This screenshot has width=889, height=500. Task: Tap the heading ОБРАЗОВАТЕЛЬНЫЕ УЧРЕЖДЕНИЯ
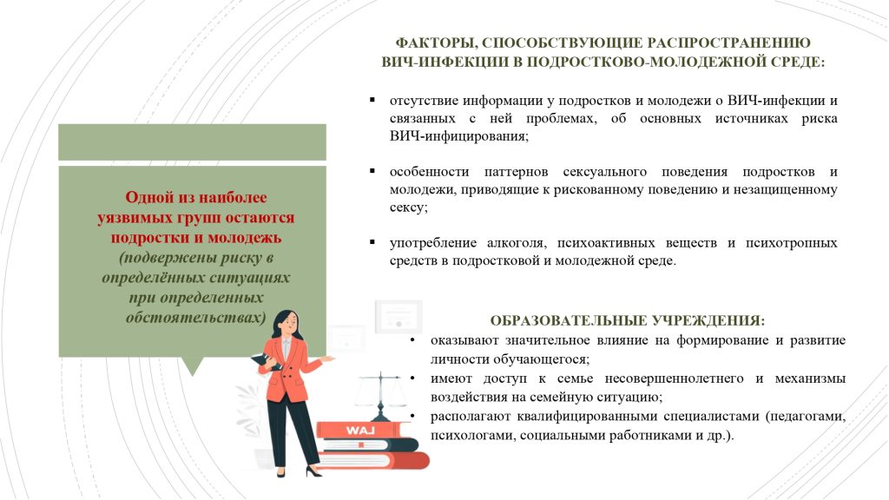(x=627, y=321)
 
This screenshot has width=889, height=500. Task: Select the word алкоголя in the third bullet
(x=516, y=243)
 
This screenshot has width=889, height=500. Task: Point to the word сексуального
(x=604, y=172)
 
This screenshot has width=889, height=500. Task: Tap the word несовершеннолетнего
(x=674, y=378)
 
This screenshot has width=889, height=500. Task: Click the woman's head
(x=286, y=325)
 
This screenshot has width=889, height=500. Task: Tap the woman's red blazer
(x=286, y=368)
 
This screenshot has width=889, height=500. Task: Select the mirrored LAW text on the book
(x=360, y=431)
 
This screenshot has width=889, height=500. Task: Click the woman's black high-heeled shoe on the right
(x=313, y=470)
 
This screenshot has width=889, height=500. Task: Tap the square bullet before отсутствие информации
(x=372, y=101)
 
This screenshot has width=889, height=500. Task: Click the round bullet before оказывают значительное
(x=412, y=340)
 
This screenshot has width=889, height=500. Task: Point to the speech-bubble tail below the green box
(x=194, y=366)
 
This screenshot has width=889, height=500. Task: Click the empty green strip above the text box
(x=192, y=141)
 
